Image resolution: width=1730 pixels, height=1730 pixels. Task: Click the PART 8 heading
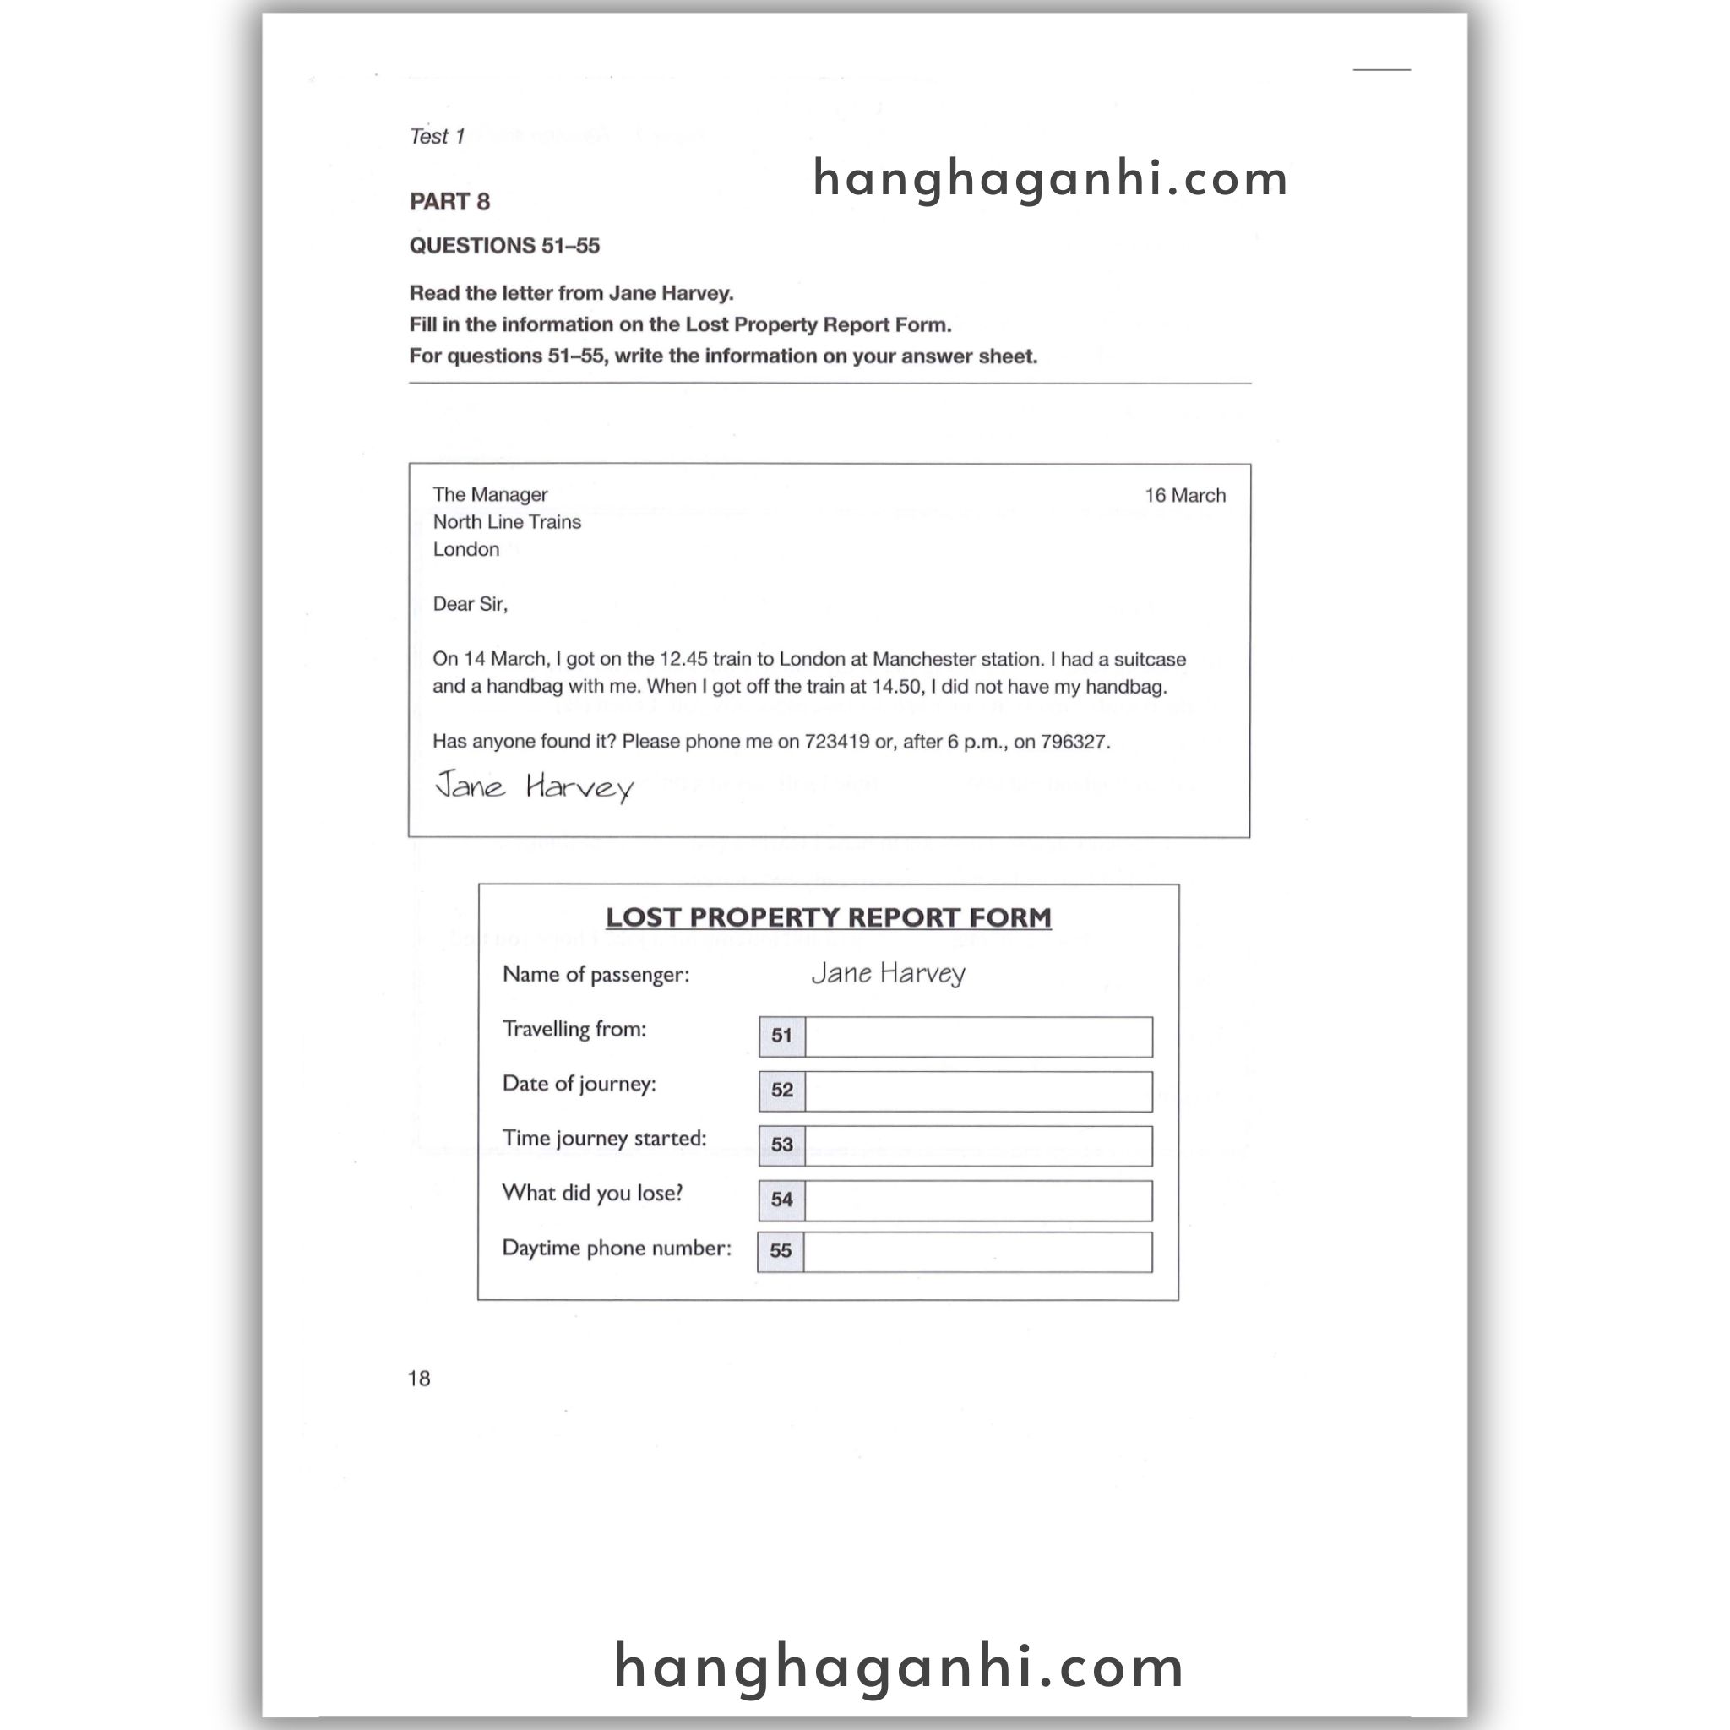tap(449, 202)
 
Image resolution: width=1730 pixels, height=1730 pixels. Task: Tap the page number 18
tap(419, 1378)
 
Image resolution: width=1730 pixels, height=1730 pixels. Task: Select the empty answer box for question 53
tap(978, 1145)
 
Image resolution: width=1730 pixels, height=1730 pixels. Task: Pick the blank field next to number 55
tap(977, 1252)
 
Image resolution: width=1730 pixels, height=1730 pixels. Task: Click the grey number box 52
tap(781, 1090)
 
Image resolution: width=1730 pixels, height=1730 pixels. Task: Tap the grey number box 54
tap(781, 1200)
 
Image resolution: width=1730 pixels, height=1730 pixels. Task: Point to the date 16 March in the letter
tap(1184, 495)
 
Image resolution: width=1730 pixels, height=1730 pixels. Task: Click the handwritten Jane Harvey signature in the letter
tap(535, 786)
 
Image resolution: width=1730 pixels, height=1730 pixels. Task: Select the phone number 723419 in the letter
tap(836, 742)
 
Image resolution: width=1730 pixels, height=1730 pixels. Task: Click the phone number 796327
tap(1073, 742)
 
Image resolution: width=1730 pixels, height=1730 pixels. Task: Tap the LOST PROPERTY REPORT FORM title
tap(829, 918)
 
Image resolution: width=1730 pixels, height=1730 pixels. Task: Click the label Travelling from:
tap(574, 1029)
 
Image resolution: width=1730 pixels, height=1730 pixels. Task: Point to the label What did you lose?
tap(592, 1193)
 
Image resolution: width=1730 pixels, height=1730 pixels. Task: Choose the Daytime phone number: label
tap(616, 1248)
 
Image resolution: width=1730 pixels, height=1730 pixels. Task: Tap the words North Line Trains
tap(507, 522)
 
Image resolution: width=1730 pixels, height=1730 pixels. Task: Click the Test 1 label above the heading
tap(437, 136)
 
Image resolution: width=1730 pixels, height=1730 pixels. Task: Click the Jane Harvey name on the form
tap(889, 973)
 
